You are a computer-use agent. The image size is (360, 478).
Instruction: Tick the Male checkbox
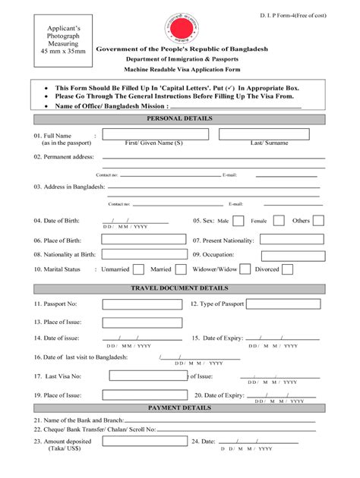(238, 221)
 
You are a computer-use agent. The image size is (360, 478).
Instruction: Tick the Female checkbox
(279, 221)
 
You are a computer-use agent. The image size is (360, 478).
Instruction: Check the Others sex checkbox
(319, 221)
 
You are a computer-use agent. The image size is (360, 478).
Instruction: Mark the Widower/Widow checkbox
(247, 269)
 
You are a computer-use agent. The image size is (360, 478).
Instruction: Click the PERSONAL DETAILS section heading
(179, 119)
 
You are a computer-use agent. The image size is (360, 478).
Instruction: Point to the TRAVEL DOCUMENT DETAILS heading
(179, 289)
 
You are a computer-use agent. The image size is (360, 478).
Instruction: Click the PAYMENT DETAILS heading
(179, 408)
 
